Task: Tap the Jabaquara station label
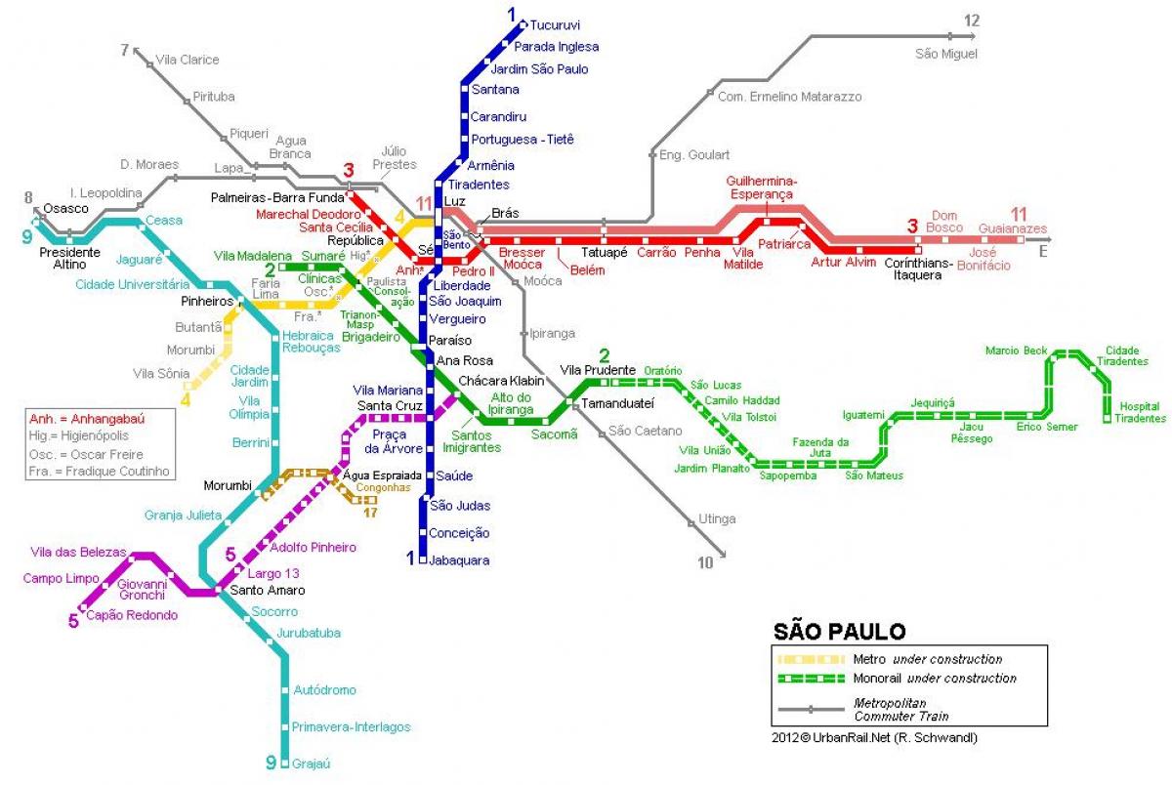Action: coord(459,561)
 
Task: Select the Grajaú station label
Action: coord(312,764)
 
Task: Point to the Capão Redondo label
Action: coord(132,615)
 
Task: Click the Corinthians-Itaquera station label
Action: coord(912,269)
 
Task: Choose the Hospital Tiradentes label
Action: coord(1142,412)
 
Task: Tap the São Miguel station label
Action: coord(945,54)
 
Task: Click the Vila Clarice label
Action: coord(188,60)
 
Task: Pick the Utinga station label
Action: coord(718,519)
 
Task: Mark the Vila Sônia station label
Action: coord(161,374)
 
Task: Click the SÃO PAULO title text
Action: coord(840,632)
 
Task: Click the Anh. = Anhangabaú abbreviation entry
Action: coord(87,419)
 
